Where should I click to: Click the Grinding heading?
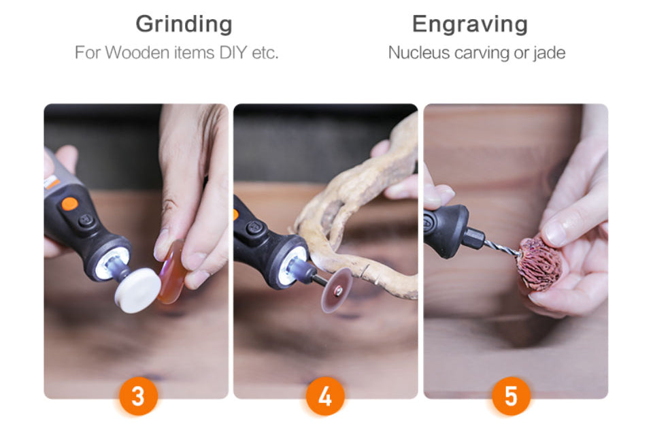coord(184,24)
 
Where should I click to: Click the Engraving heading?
coord(470,24)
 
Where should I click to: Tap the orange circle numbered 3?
coord(138,396)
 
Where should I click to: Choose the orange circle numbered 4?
coord(325,396)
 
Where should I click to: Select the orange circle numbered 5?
coord(511,396)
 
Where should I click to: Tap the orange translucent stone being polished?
coord(172,272)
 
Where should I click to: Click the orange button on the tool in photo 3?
coord(69,204)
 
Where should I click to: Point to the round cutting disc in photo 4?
coord(337,290)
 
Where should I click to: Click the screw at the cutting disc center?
coord(339,291)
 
